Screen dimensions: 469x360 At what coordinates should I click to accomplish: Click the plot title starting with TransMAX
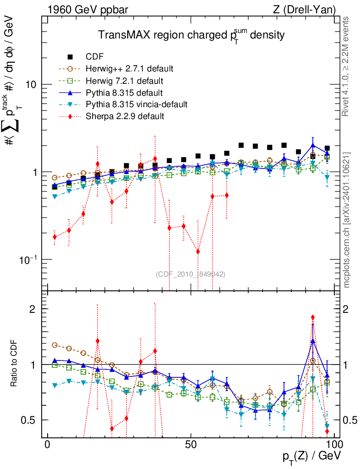coord(192,35)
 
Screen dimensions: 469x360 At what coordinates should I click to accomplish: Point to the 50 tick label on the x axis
coord(191,445)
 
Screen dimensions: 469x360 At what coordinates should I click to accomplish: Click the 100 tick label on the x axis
coord(334,445)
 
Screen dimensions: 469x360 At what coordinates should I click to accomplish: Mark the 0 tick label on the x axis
coord(48,445)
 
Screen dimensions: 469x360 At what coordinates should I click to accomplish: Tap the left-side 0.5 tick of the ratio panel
coord(32,420)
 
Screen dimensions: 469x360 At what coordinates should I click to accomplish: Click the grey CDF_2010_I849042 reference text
coord(190,274)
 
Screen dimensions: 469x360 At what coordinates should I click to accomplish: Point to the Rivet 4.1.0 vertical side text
coord(347,73)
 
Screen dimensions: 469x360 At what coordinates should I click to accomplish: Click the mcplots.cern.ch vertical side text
coord(347,220)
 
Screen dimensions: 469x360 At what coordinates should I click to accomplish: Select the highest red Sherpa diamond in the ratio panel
coord(313,317)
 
